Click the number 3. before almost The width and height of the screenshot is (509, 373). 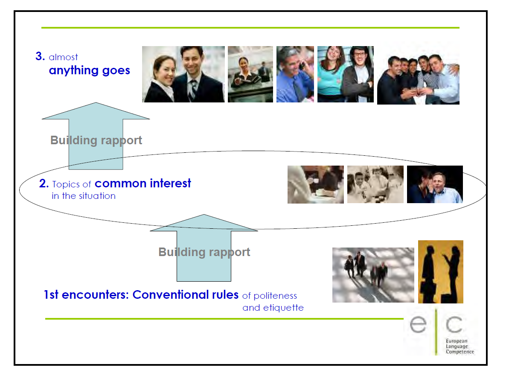pos(40,56)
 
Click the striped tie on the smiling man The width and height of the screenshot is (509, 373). pos(193,89)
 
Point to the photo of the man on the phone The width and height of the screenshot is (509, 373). pos(295,74)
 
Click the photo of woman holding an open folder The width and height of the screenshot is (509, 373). pos(250,74)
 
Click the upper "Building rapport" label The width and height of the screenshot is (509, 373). pos(96,140)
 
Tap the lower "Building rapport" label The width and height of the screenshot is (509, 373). pos(204,252)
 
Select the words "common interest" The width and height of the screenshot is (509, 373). pos(143,184)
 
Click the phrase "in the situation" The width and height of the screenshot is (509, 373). pos(84,196)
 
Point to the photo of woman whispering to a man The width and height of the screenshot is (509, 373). pos(435,184)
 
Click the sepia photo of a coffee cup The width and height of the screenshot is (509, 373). pos(316,184)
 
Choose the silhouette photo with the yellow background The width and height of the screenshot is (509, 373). pos(440,272)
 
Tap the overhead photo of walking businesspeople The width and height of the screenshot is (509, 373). pos(373,275)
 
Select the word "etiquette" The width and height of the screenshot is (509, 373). pos(283,308)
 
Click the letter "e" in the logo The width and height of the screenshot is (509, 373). pos(418,324)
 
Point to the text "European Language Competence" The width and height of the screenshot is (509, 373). pos(460,347)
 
